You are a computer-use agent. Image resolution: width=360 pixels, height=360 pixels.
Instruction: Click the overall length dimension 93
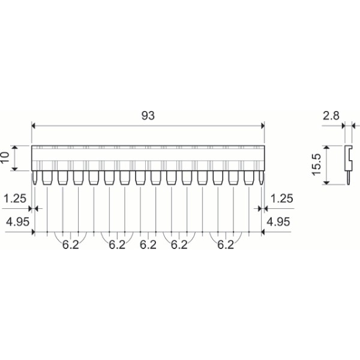[147, 116]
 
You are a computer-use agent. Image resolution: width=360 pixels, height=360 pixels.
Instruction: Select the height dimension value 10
[5, 158]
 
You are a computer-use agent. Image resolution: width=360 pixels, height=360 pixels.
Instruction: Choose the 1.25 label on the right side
[281, 198]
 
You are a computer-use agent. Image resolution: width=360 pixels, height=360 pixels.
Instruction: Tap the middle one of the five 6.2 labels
[148, 245]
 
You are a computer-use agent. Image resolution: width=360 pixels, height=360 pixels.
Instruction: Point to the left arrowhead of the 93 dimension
[34, 125]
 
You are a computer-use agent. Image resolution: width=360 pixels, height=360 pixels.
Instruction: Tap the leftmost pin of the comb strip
[35, 178]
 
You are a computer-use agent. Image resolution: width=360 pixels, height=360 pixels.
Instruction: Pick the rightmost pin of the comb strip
[261, 178]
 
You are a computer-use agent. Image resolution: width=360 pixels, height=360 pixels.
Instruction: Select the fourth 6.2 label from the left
[179, 245]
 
